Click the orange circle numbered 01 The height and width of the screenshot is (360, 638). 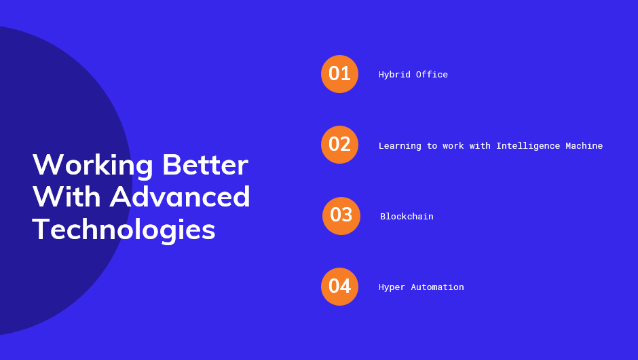click(339, 74)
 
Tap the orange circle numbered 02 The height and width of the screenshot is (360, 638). click(339, 145)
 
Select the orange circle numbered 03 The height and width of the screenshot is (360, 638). click(341, 216)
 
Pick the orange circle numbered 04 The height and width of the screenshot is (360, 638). click(339, 287)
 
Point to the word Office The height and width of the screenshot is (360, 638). click(432, 75)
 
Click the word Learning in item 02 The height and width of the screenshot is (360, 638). click(400, 146)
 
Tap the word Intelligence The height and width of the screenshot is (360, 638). click(528, 146)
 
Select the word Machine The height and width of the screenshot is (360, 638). click(584, 146)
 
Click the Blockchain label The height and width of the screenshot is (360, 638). click(407, 216)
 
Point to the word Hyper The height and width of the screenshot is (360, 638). click(392, 287)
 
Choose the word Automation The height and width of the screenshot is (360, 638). click(437, 287)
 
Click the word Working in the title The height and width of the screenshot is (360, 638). click(93, 166)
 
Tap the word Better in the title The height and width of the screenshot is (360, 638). click(205, 165)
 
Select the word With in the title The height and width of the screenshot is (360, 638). click(67, 197)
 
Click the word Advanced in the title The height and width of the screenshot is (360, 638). click(179, 196)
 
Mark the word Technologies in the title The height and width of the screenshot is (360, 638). click(124, 230)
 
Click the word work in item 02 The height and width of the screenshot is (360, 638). click(453, 146)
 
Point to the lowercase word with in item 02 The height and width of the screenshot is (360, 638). click(480, 146)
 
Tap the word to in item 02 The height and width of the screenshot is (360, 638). click(432, 146)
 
